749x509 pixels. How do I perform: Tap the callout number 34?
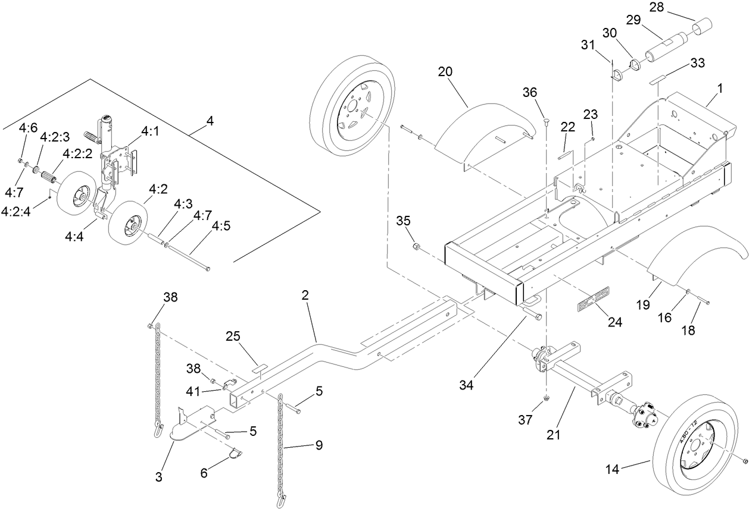pos(466,385)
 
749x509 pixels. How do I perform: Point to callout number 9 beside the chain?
pos(319,445)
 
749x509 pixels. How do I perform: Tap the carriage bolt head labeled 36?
pos(545,122)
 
